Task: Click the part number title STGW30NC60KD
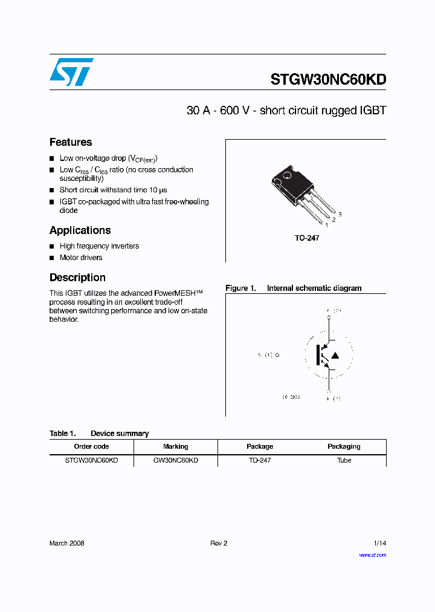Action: [x=328, y=80]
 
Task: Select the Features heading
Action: [x=71, y=142]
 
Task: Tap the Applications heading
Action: [x=80, y=230]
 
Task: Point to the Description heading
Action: [x=77, y=278]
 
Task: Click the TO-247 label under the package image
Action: [x=307, y=238]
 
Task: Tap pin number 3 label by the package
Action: [x=340, y=215]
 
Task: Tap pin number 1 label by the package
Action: [x=327, y=226]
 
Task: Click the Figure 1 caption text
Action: [x=294, y=288]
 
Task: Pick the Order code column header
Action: [x=91, y=446]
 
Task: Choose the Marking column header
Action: [x=175, y=446]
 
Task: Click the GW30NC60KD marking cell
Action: [x=175, y=460]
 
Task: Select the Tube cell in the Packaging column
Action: [x=344, y=460]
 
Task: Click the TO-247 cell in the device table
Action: [x=260, y=460]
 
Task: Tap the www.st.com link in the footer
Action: [x=372, y=555]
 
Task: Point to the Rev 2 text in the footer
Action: [x=219, y=543]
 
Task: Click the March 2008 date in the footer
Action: [x=66, y=543]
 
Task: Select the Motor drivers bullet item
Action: [x=81, y=258]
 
